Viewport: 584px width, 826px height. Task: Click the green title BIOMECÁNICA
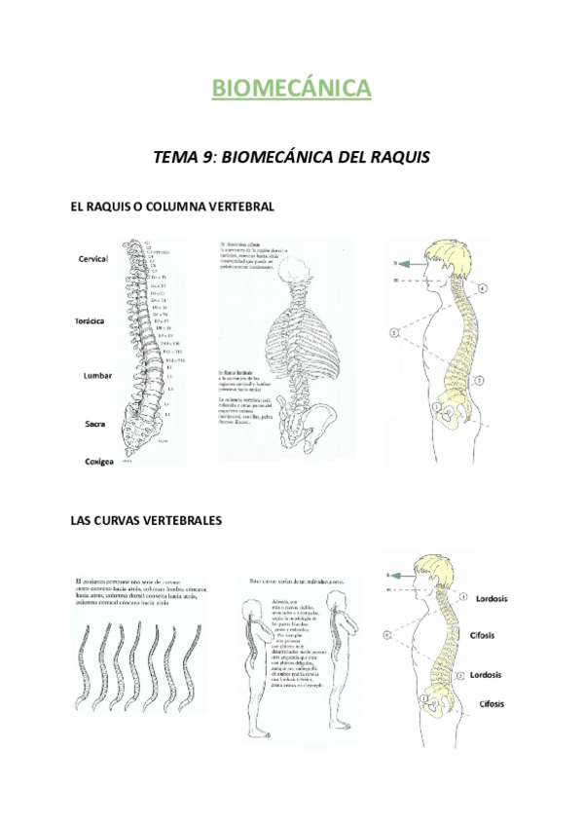[292, 90]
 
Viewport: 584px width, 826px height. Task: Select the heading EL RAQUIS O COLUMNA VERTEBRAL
[172, 206]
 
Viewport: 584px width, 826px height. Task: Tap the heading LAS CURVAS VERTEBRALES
[146, 521]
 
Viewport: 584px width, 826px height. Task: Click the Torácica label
[93, 320]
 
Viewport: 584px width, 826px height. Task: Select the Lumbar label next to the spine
[96, 375]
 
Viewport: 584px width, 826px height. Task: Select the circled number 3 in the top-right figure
[393, 333]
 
